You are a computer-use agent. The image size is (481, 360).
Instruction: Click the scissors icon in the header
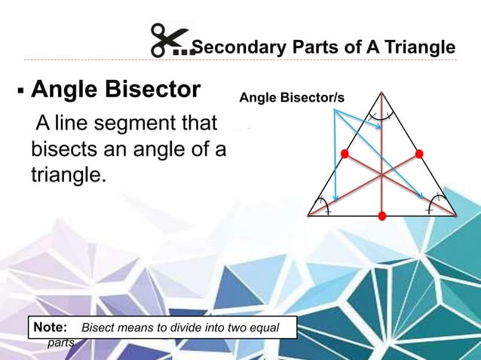pyautogui.click(x=170, y=41)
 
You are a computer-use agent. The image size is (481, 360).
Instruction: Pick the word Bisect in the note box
pyautogui.click(x=97, y=329)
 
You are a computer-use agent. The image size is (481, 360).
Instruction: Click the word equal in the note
pyautogui.click(x=263, y=329)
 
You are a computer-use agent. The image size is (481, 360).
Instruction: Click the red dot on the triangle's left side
pyautogui.click(x=345, y=154)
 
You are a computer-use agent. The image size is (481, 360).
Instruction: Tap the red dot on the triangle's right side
pyautogui.click(x=419, y=154)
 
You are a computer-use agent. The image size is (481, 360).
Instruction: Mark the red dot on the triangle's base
pyautogui.click(x=382, y=217)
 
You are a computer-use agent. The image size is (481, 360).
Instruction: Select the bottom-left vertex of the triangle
pyautogui.click(x=308, y=216)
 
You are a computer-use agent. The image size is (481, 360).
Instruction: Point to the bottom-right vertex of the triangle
pyautogui.click(x=456, y=216)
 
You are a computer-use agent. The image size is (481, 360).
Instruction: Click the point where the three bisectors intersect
pyautogui.click(x=382, y=175)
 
